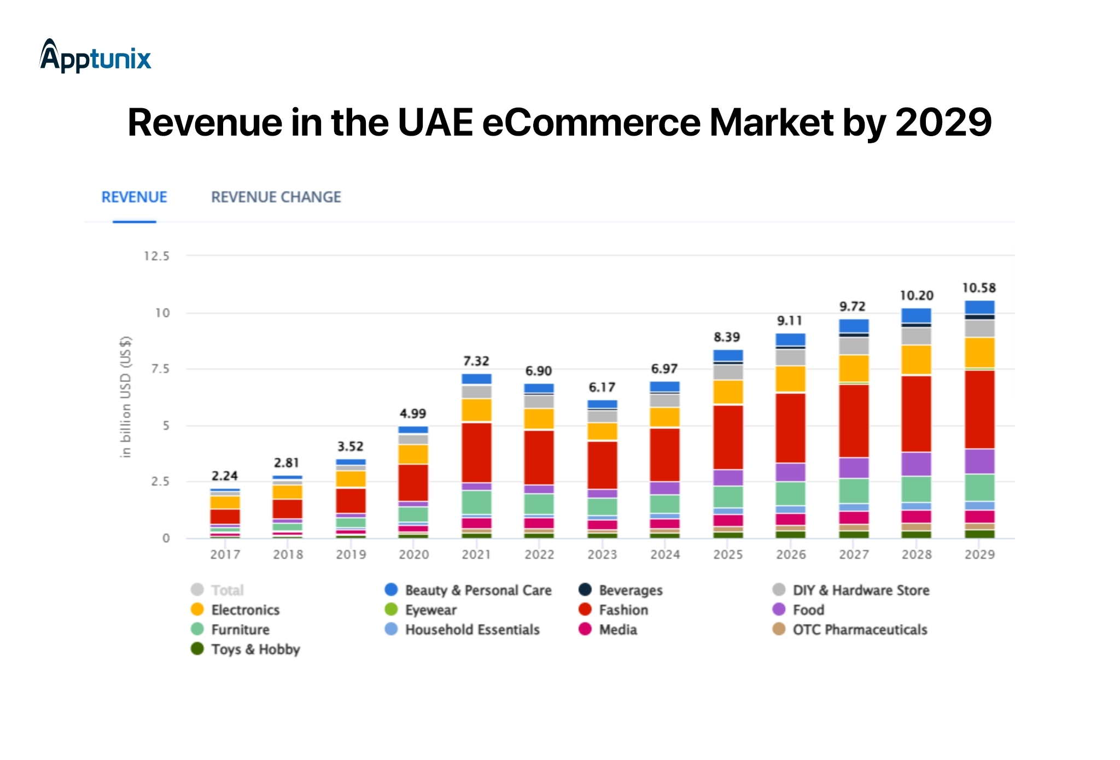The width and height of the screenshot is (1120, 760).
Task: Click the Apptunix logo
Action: [x=96, y=56]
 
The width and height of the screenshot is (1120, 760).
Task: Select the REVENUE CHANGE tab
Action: [x=276, y=197]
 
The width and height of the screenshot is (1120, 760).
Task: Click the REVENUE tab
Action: [x=134, y=197]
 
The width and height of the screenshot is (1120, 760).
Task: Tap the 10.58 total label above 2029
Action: [x=979, y=288]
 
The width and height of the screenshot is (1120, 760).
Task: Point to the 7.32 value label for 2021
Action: [x=476, y=361]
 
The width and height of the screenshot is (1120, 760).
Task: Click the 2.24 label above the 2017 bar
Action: [x=224, y=476]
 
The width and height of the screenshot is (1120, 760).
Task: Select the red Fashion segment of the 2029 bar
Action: [x=979, y=410]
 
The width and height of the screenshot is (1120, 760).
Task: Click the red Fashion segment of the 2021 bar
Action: [x=476, y=452]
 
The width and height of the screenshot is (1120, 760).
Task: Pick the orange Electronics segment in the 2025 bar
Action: [x=728, y=392]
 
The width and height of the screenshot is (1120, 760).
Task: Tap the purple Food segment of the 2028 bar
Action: [x=917, y=464]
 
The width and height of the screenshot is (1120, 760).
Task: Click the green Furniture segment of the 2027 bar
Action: [x=854, y=491]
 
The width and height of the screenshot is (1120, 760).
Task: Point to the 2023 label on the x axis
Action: [x=602, y=554]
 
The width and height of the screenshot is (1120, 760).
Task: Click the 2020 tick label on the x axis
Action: [x=413, y=554]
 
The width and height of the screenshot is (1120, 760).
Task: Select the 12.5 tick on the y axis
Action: [x=156, y=256]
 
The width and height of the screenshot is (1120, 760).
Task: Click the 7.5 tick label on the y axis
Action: [x=160, y=369]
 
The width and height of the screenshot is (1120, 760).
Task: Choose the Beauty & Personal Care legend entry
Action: [x=468, y=591]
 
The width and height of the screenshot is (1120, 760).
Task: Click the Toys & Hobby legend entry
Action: [x=246, y=650]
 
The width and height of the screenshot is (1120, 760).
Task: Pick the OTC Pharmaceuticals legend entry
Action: [x=850, y=630]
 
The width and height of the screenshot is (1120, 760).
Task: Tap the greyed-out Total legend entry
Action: [x=218, y=591]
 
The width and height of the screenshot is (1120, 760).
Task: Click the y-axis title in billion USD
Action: [x=126, y=397]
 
